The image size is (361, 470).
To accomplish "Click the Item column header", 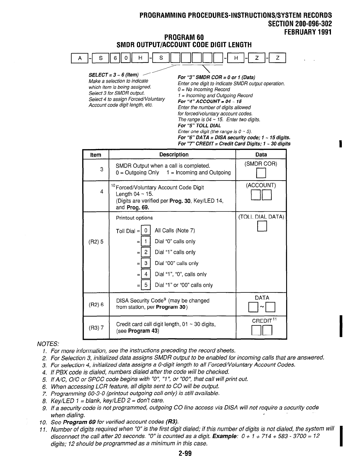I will click(95, 155).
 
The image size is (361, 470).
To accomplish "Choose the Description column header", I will click(174, 155).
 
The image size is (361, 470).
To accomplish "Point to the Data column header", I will click(261, 155).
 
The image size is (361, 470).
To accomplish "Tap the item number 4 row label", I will click(102, 192).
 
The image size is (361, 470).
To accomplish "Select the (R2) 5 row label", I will click(96, 241).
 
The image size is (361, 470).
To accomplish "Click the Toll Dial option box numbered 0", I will click(146, 231).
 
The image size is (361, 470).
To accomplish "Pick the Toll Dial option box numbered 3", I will click(146, 263).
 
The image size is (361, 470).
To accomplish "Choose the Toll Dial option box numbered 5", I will click(146, 285).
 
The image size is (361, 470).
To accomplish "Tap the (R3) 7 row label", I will click(96, 327).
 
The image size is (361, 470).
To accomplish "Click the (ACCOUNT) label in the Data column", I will click(261, 185).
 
